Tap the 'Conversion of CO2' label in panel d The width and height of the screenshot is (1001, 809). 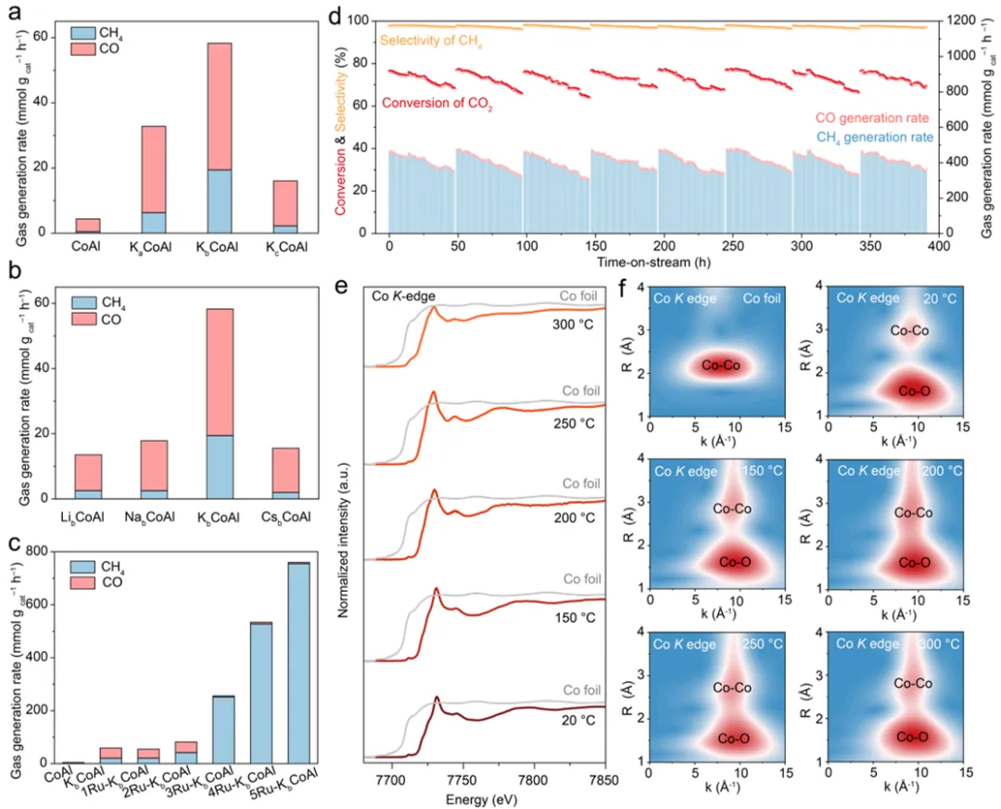[437, 103]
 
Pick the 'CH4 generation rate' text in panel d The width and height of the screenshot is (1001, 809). [873, 137]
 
